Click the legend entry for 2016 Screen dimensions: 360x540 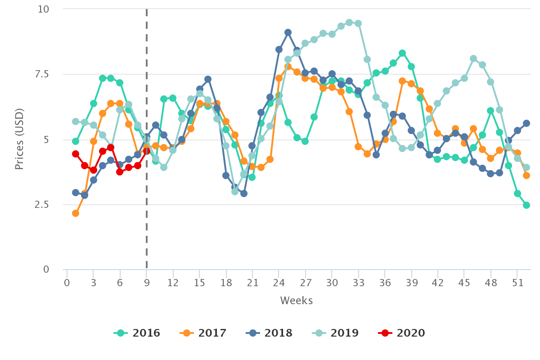coord(137,333)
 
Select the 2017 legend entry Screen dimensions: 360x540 coord(203,333)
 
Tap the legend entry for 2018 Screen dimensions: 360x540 coord(270,333)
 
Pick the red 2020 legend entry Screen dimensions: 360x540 coord(402,333)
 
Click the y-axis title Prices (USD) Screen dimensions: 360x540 coord(19,139)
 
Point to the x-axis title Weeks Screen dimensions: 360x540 coord(296,301)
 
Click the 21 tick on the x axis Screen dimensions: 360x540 coord(252,284)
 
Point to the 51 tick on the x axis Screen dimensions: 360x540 coord(517,284)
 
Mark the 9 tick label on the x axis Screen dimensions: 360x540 coord(146,284)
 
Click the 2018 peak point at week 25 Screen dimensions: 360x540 coord(288,32)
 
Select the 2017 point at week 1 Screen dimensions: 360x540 coord(76,213)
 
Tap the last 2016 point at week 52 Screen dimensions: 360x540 coord(526,205)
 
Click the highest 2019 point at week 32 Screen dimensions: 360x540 coord(349,22)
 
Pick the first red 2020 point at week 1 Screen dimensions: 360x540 coord(76,154)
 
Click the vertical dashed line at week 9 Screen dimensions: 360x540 coord(146,90)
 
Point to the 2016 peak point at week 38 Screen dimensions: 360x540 coord(402,53)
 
